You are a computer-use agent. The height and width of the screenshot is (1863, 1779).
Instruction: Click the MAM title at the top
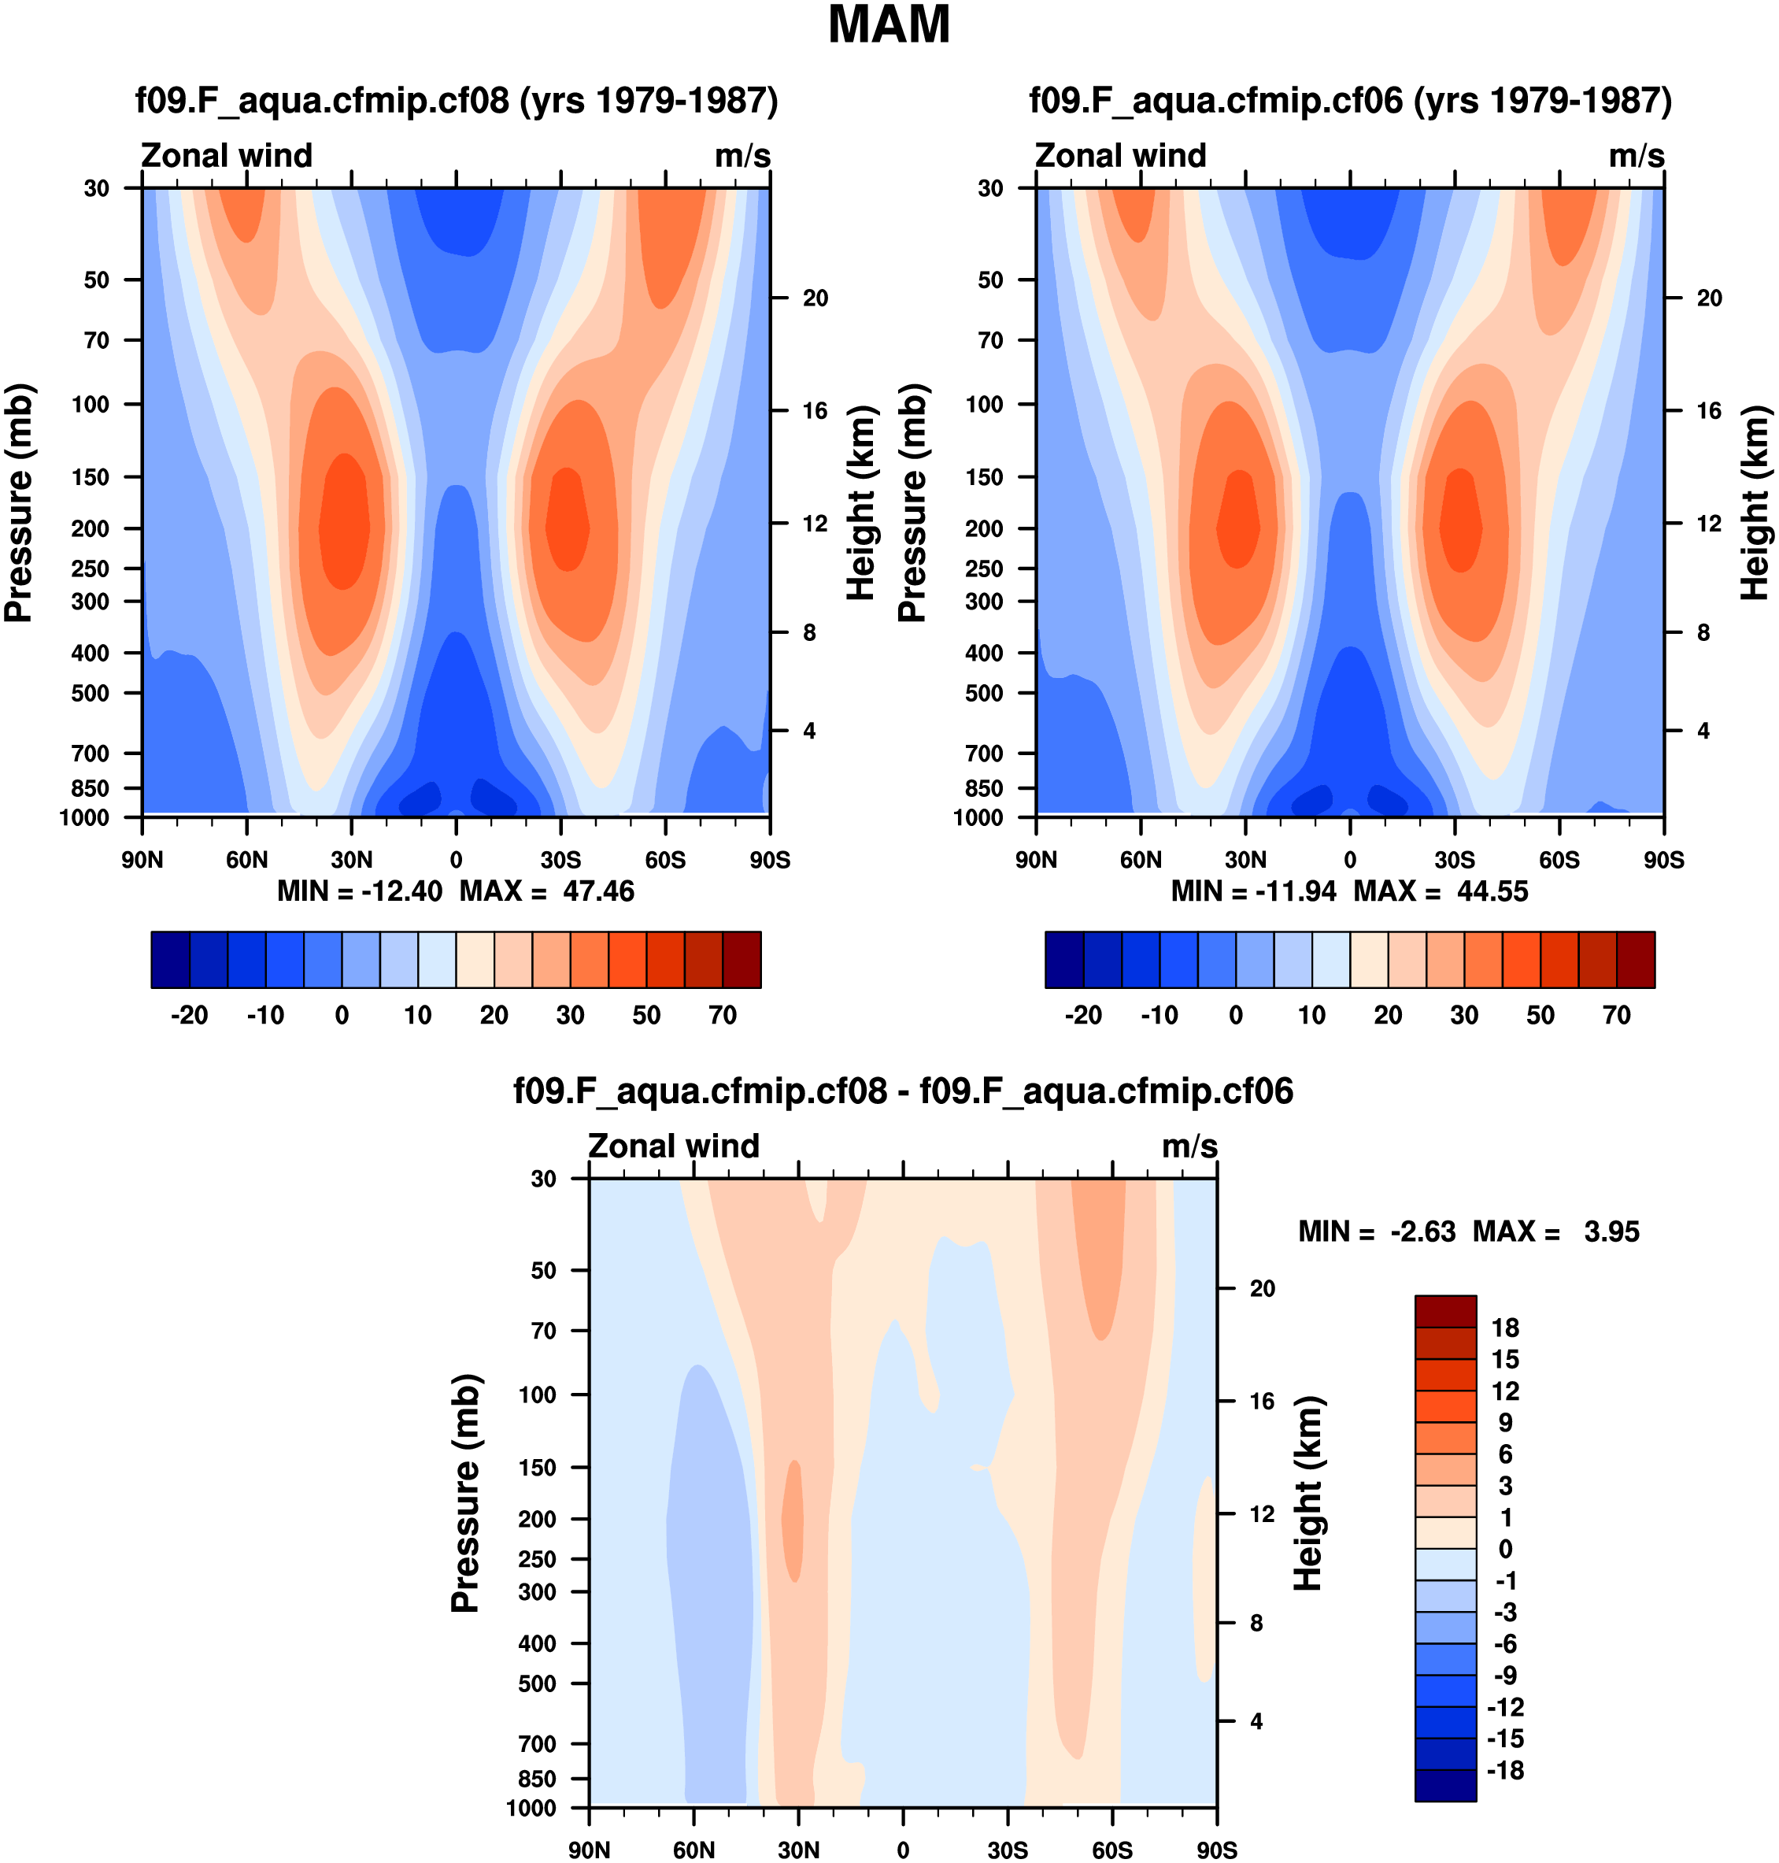click(x=889, y=26)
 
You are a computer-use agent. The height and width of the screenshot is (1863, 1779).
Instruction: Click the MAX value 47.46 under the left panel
click(x=597, y=891)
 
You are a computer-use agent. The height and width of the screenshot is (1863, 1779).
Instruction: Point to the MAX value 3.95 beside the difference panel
click(x=1611, y=1232)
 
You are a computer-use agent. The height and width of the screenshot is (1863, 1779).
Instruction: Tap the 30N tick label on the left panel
click(x=352, y=861)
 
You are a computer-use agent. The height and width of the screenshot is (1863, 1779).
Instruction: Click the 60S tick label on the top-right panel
click(x=1559, y=861)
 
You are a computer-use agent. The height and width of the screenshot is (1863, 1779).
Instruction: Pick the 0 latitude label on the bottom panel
click(x=903, y=1850)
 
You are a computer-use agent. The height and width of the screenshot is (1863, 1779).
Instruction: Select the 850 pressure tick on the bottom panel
click(x=537, y=1779)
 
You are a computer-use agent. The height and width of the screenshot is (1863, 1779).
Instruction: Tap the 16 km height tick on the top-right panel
click(x=1709, y=411)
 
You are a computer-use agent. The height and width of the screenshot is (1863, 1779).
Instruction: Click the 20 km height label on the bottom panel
click(x=1262, y=1288)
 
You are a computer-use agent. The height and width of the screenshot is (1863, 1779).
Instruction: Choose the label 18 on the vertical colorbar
click(x=1505, y=1328)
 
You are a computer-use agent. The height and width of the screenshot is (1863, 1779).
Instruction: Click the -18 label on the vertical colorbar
click(x=1505, y=1771)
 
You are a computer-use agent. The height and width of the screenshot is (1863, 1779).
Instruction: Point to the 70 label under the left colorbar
click(x=723, y=1016)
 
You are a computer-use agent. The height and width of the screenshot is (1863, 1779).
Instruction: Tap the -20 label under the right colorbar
click(x=1083, y=1016)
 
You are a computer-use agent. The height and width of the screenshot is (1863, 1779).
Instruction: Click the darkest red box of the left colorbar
click(x=742, y=960)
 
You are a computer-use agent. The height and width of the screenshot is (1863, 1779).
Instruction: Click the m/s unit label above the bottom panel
click(x=1189, y=1146)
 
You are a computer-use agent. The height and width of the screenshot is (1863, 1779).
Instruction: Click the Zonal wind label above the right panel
click(x=1120, y=156)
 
